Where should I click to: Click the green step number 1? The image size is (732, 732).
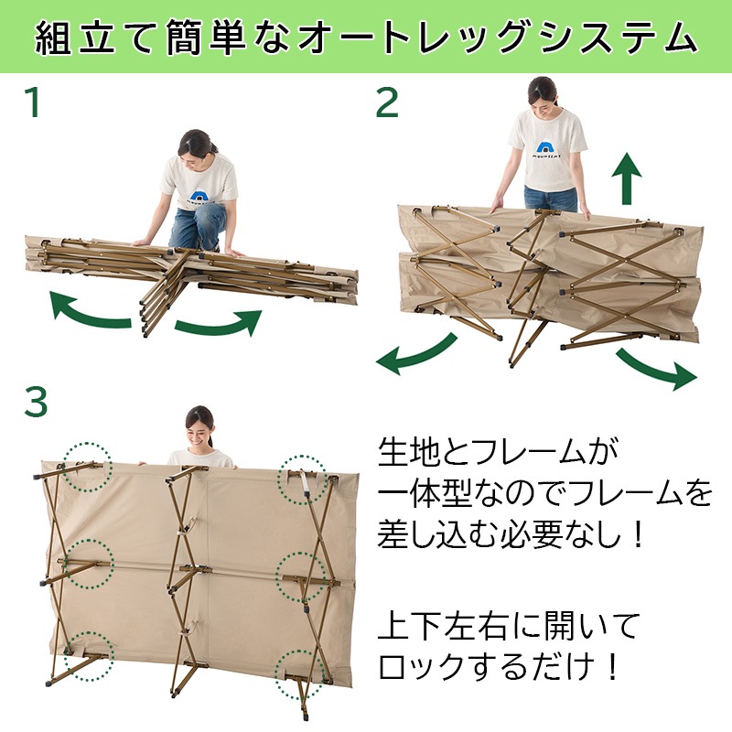pyautogui.click(x=33, y=102)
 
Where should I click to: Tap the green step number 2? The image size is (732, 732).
pyautogui.click(x=387, y=102)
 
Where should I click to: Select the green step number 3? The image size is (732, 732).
pyautogui.click(x=36, y=403)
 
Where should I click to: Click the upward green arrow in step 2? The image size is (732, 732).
pyautogui.click(x=627, y=178)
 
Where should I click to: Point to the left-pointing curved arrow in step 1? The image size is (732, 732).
pyautogui.click(x=89, y=312)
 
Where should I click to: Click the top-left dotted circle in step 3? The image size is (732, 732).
pyautogui.click(x=88, y=468)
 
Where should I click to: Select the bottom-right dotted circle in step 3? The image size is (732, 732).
pyautogui.click(x=300, y=674)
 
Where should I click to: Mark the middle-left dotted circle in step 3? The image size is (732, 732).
pyautogui.click(x=89, y=564)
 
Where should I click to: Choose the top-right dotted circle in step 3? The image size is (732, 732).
pyautogui.click(x=302, y=479)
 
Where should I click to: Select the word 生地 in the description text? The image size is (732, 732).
pyautogui.click(x=409, y=452)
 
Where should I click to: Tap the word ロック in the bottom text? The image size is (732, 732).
pyautogui.click(x=425, y=666)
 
